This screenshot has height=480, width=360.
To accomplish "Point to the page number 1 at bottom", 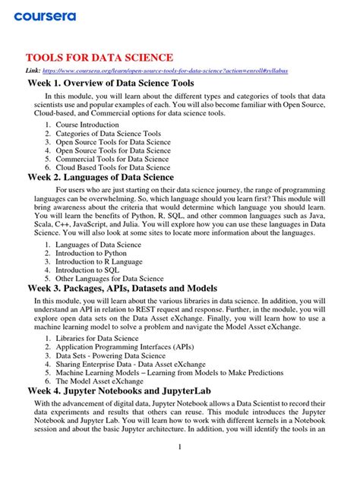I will point(179,447).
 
